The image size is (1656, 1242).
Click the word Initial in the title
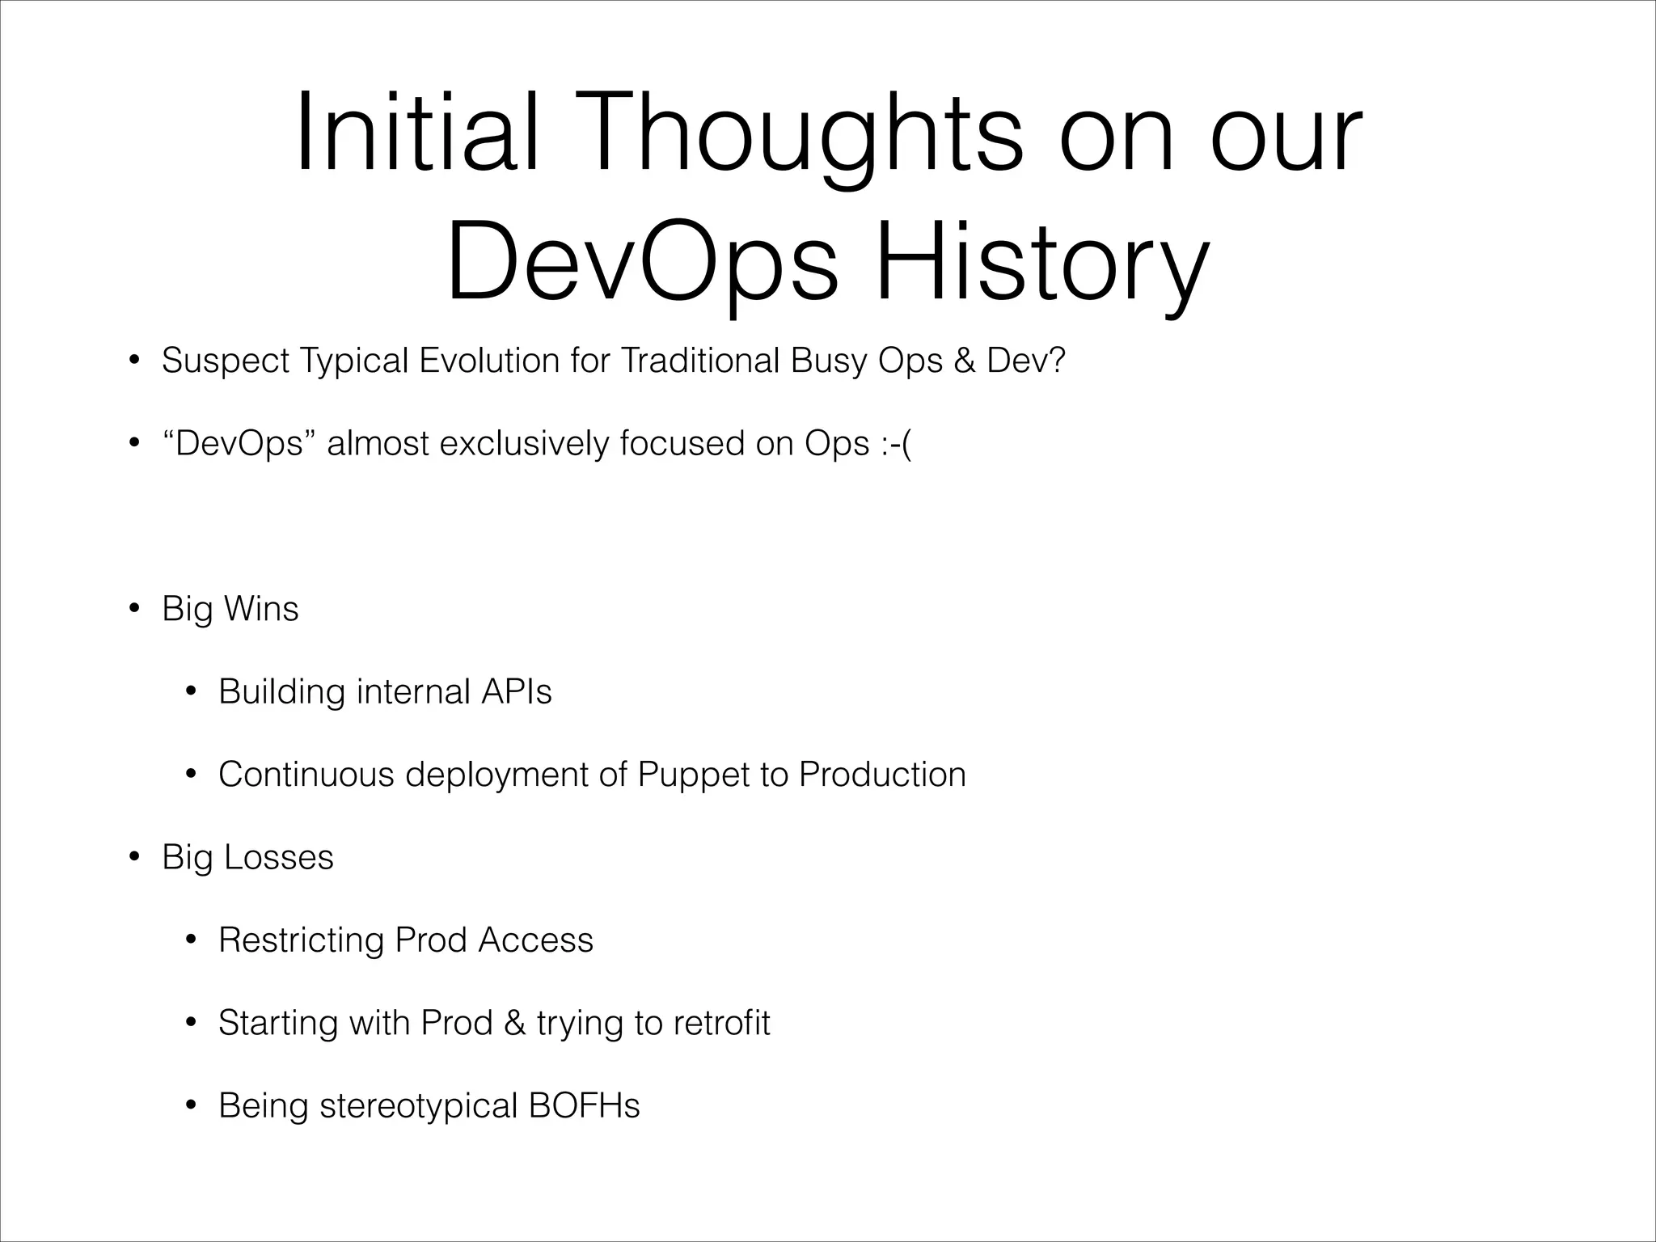tap(416, 134)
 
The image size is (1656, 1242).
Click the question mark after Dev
tap(1057, 361)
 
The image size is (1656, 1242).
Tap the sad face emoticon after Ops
tap(895, 444)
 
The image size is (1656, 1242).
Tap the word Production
tap(882, 775)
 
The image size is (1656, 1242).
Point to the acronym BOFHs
tap(584, 1106)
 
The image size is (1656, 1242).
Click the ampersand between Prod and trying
tap(514, 1023)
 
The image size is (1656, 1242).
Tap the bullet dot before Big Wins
tap(134, 609)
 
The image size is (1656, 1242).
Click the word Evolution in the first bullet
tap(489, 361)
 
